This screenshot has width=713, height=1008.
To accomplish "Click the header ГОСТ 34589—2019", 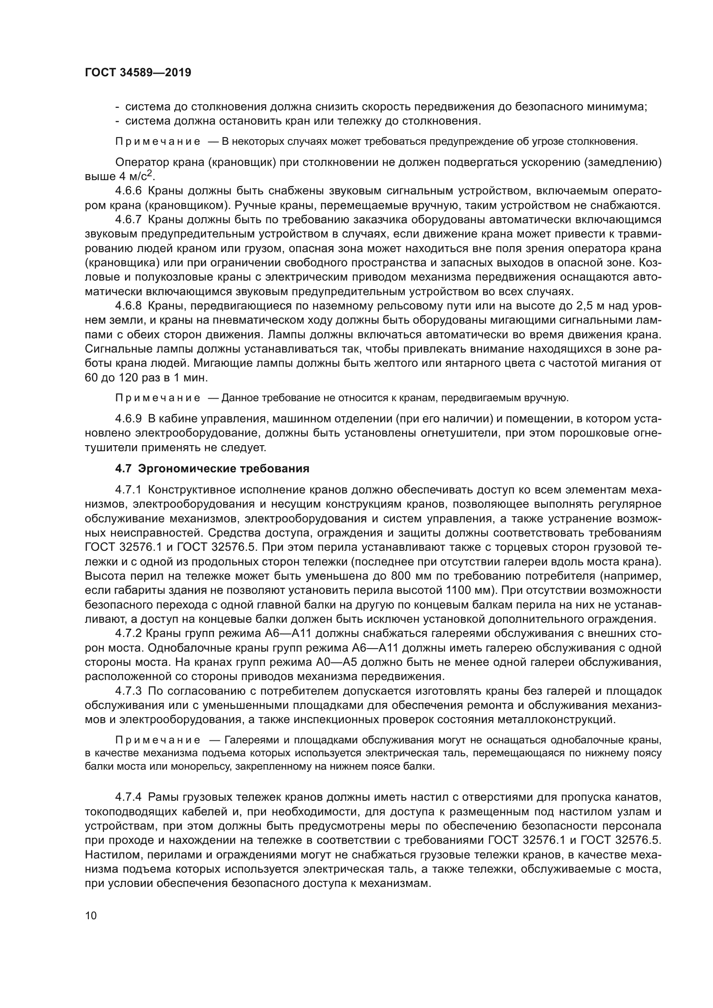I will tap(138, 73).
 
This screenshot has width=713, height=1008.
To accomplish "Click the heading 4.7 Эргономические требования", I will tap(212, 469).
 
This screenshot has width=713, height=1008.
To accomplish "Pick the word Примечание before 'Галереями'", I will tap(158, 741).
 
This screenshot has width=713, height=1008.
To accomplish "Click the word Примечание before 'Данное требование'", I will tap(158, 398).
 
